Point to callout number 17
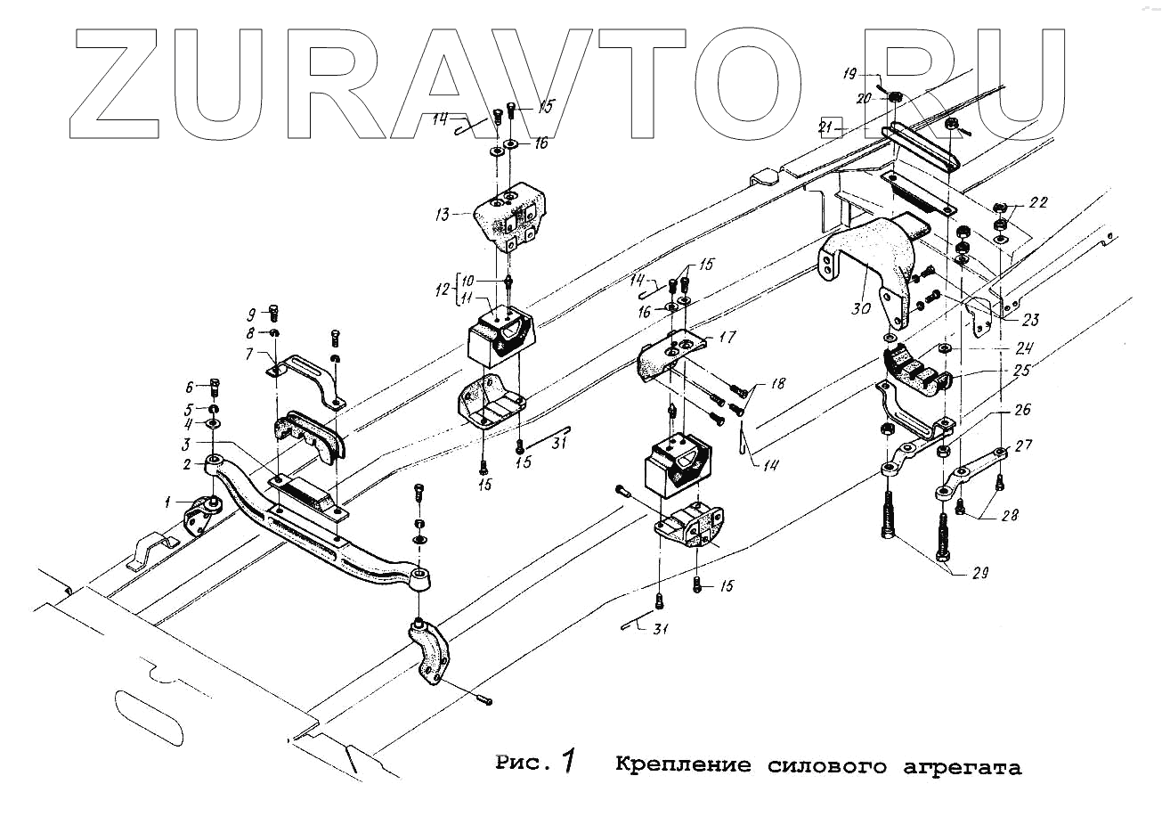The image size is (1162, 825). [x=727, y=338]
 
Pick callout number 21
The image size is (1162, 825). [x=825, y=128]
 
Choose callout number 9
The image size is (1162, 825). [x=252, y=314]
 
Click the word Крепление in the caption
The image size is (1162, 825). [x=683, y=765]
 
